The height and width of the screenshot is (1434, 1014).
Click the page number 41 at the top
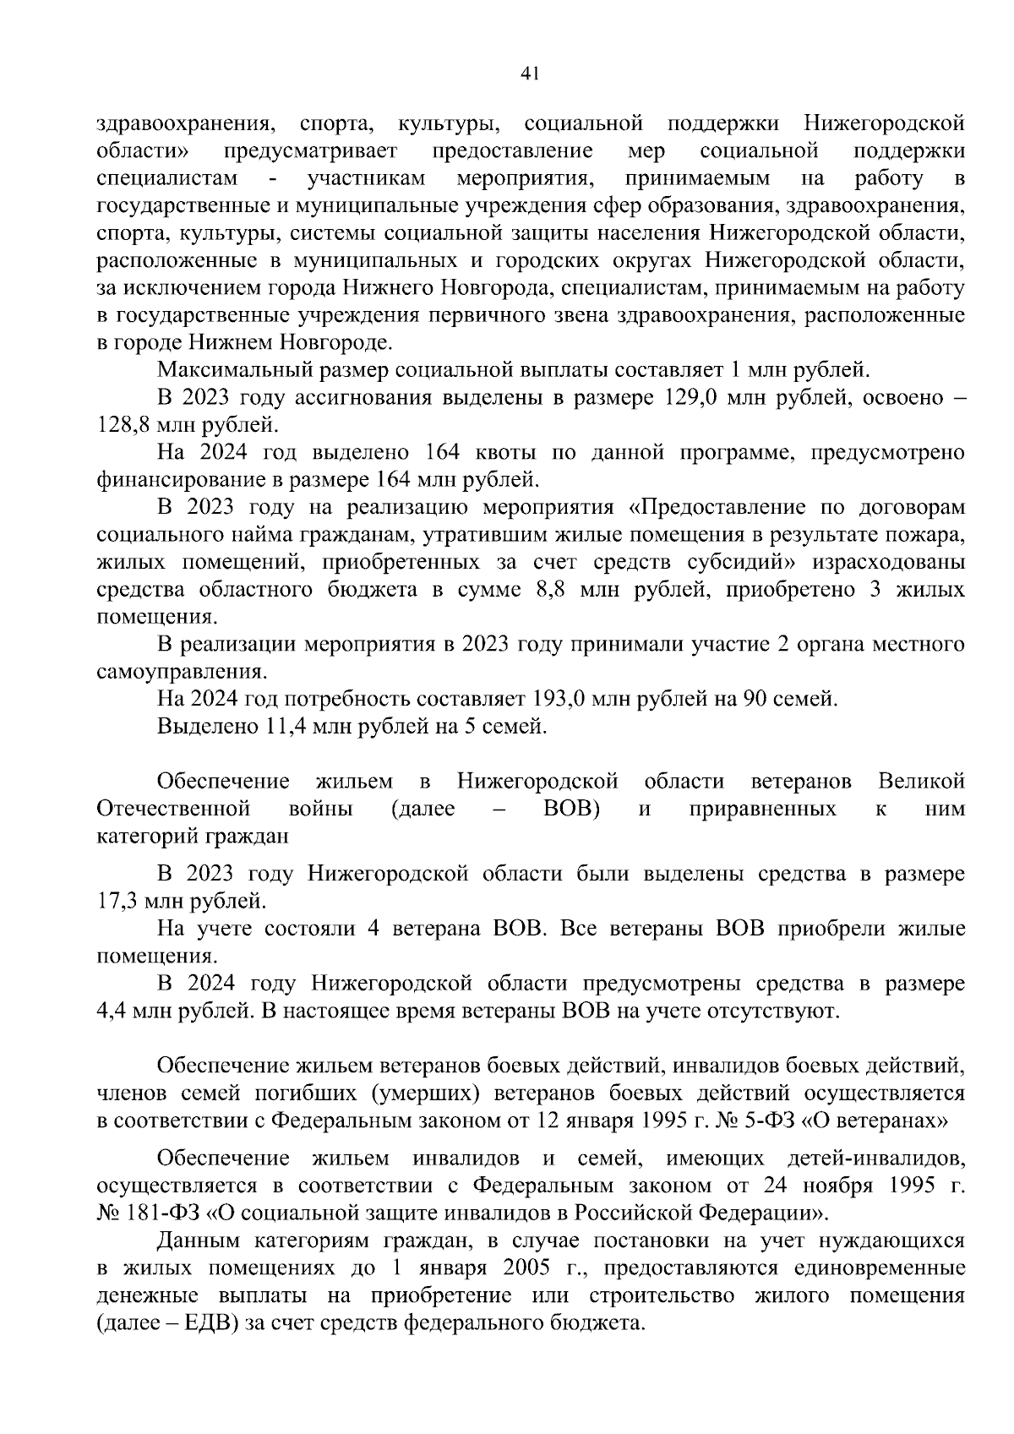tap(530, 74)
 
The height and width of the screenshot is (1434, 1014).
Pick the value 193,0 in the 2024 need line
tap(555, 699)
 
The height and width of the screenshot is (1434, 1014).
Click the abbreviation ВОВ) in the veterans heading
tap(571, 809)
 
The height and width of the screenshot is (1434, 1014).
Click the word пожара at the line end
tap(930, 534)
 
